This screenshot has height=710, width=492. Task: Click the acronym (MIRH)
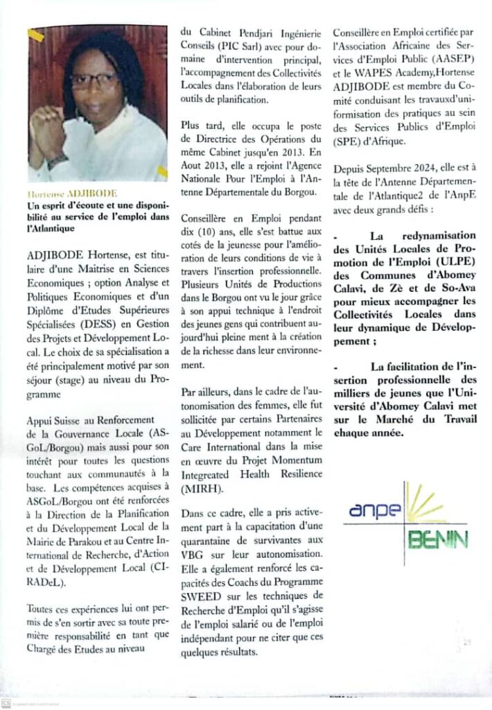pyautogui.click(x=201, y=486)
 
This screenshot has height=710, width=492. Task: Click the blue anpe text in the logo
pyautogui.click(x=372, y=513)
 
